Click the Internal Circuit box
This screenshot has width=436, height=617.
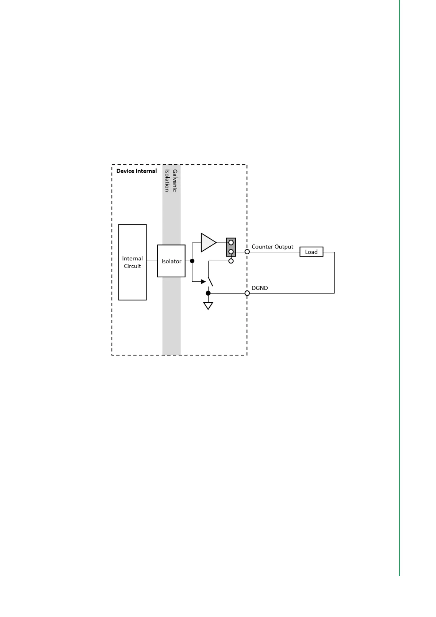pyautogui.click(x=132, y=262)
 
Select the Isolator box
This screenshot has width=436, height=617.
pyautogui.click(x=171, y=261)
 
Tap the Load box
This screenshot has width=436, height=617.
pyautogui.click(x=311, y=252)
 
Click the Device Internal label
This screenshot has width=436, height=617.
pyautogui.click(x=136, y=171)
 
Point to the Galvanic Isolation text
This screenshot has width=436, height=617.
pyautogui.click(x=171, y=180)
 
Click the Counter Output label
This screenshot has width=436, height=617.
pyautogui.click(x=272, y=247)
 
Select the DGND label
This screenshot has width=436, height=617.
pyautogui.click(x=260, y=288)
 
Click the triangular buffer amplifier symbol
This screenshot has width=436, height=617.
pyautogui.click(x=208, y=242)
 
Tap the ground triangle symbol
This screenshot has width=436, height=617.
pyautogui.click(x=208, y=306)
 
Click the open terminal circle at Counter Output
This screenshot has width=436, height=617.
pyautogui.click(x=247, y=252)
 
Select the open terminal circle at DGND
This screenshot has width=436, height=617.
pyautogui.click(x=247, y=293)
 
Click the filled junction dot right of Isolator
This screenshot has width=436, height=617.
pyautogui.click(x=192, y=261)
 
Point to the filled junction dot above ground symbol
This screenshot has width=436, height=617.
pyautogui.click(x=208, y=293)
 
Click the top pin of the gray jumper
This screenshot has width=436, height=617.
pyautogui.click(x=231, y=243)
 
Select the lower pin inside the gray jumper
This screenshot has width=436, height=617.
pyautogui.click(x=231, y=252)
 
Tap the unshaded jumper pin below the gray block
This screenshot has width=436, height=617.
pyautogui.click(x=231, y=261)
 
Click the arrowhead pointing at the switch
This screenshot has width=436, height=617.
pyautogui.click(x=203, y=281)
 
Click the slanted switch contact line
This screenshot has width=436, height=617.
pyautogui.click(x=210, y=281)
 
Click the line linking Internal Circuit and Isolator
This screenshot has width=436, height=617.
pyautogui.click(x=152, y=261)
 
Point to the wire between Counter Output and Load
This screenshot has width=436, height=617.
pyautogui.click(x=275, y=252)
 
